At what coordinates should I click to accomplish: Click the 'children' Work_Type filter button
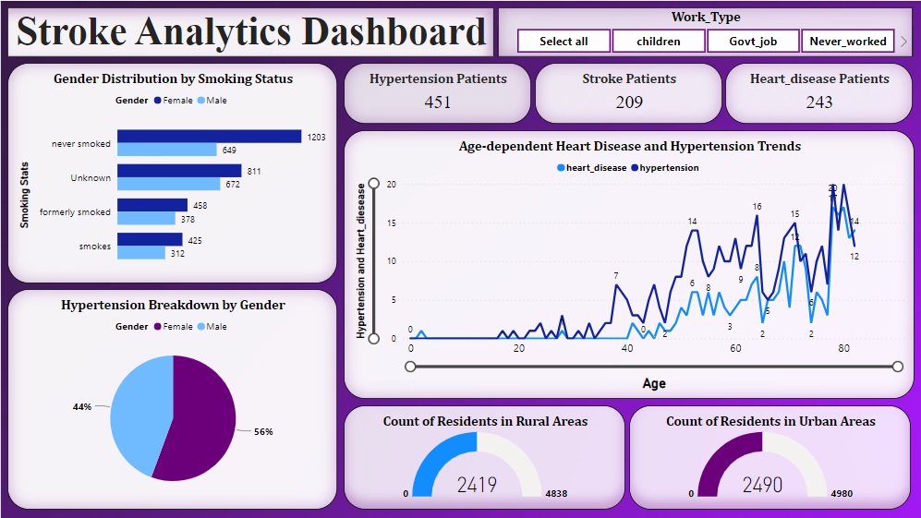point(659,41)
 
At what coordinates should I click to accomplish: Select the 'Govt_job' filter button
point(753,41)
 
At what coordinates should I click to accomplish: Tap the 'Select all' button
point(564,41)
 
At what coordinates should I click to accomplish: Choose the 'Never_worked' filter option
point(847,41)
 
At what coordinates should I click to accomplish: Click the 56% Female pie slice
point(199,420)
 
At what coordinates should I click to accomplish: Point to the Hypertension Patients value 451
point(437,102)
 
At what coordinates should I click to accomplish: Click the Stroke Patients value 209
point(629,102)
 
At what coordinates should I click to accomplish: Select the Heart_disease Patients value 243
point(819,102)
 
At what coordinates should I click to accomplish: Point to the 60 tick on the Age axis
point(735,349)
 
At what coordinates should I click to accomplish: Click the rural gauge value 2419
point(477,485)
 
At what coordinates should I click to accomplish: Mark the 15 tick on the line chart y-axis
point(391,223)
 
